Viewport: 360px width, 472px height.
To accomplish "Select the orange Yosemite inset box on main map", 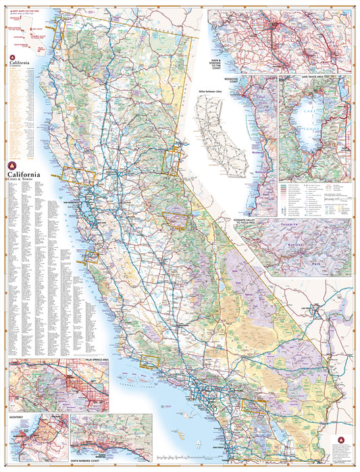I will (x=178, y=221).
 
